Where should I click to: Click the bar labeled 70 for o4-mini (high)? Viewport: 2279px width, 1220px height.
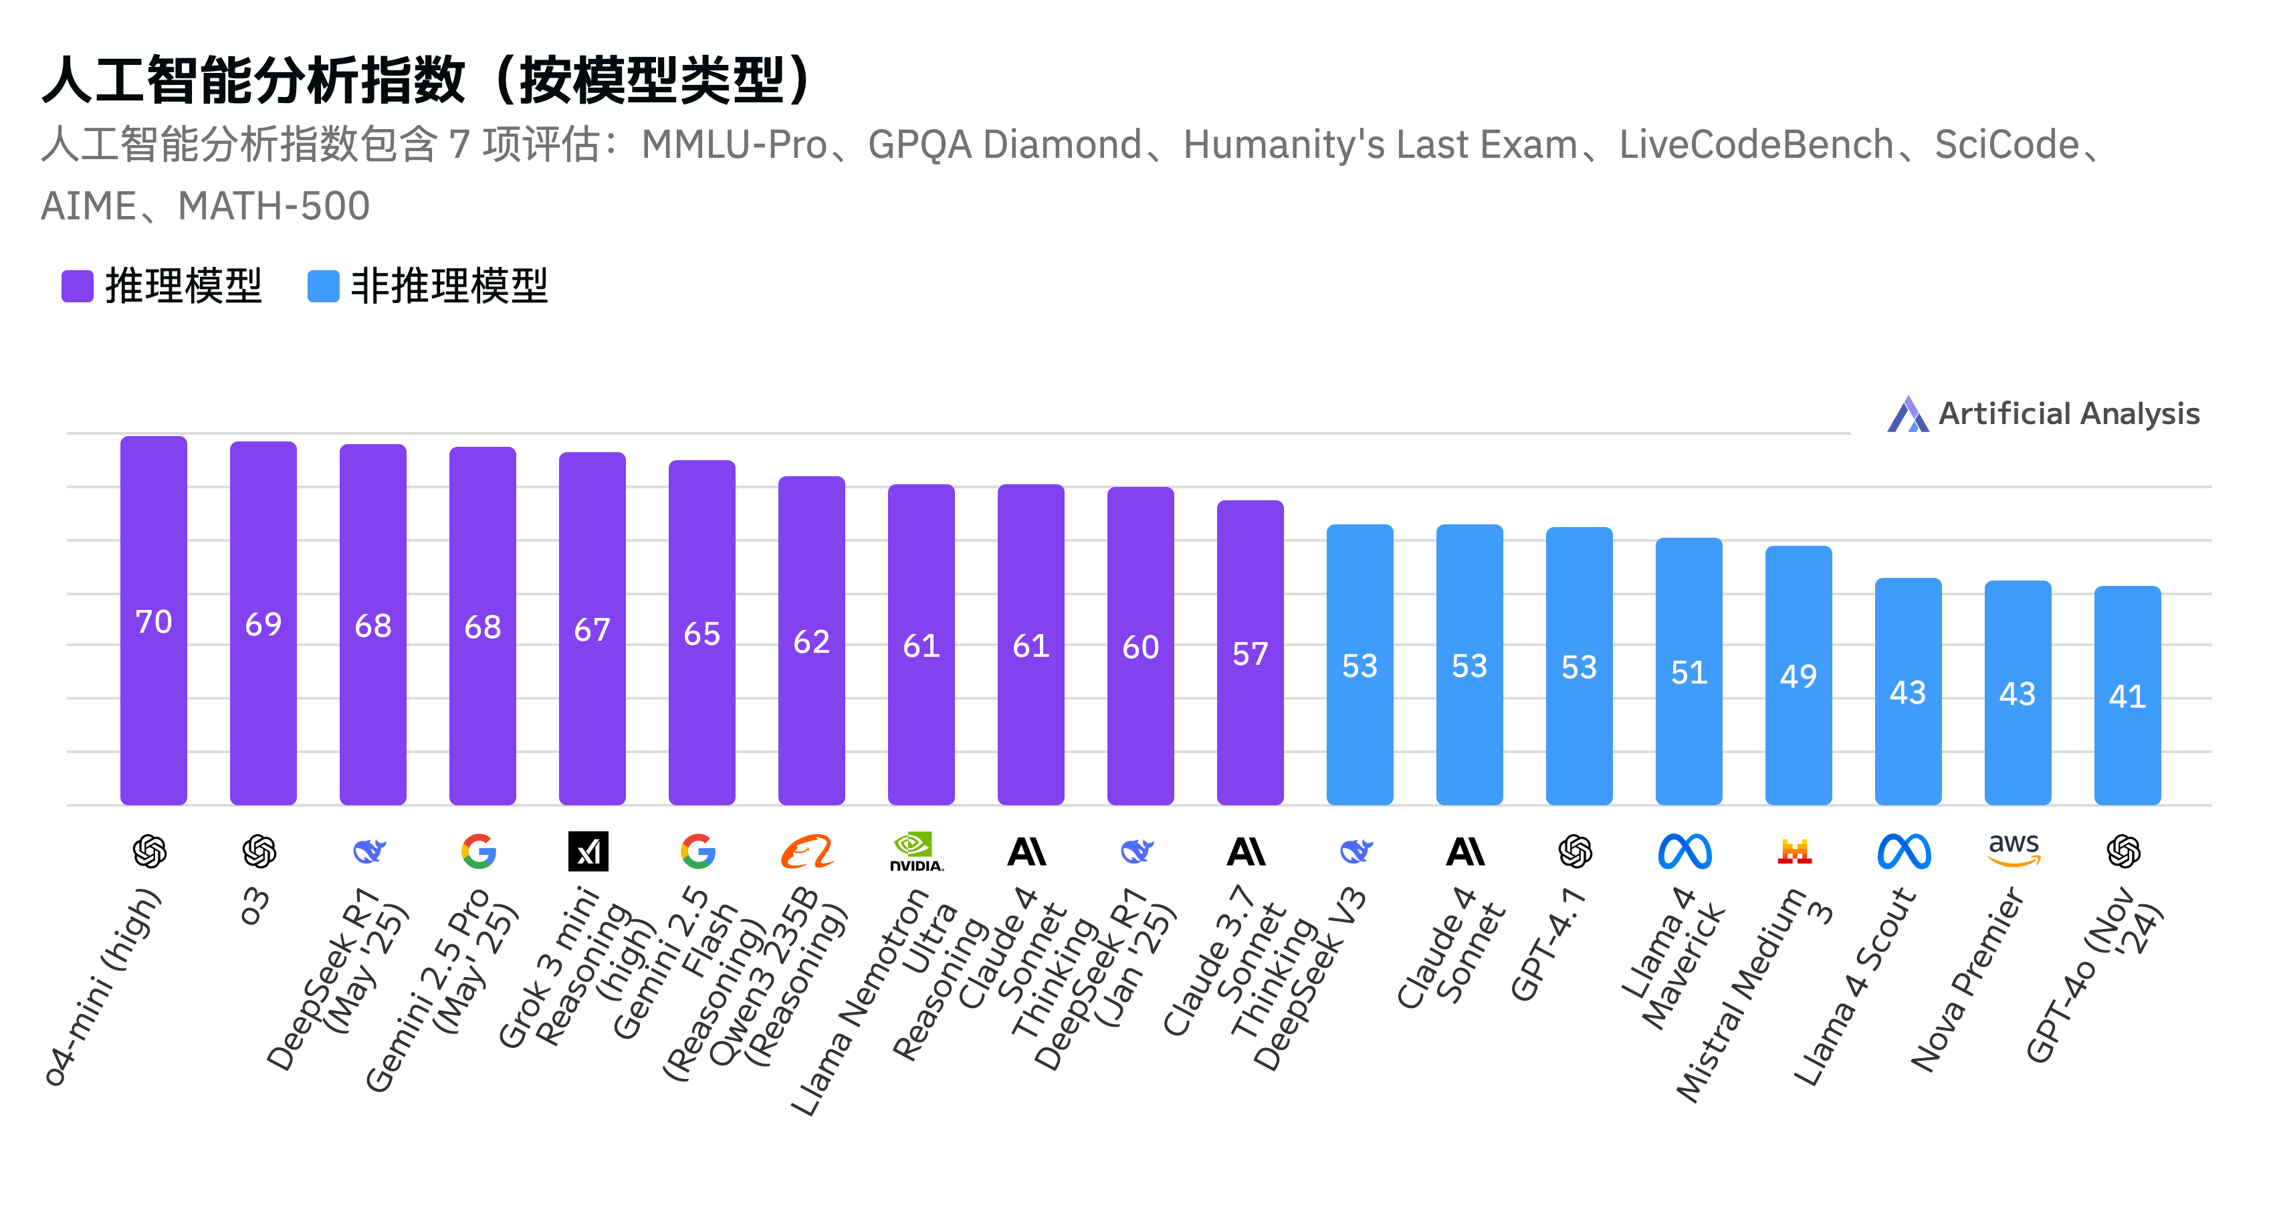(153, 619)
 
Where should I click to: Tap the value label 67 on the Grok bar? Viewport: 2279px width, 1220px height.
(592, 630)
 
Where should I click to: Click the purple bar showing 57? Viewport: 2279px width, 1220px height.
(1249, 652)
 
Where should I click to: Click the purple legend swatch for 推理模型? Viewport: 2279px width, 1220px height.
(77, 286)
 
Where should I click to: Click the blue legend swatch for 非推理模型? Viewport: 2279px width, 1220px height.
(323, 286)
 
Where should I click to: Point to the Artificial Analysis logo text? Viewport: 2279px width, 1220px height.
(2068, 413)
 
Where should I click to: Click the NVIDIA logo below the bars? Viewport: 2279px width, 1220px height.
(915, 851)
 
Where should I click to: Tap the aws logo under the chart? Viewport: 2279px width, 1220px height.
(2014, 849)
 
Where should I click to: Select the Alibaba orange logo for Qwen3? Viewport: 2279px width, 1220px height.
(807, 851)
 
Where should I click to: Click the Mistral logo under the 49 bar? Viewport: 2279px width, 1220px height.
(1794, 851)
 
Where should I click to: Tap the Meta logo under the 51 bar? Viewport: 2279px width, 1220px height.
(1685, 851)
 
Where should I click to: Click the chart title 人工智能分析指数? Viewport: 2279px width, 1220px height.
(252, 80)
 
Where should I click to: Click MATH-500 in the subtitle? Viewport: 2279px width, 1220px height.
(274, 206)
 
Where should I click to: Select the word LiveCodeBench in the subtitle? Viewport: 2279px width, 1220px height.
(1755, 144)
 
